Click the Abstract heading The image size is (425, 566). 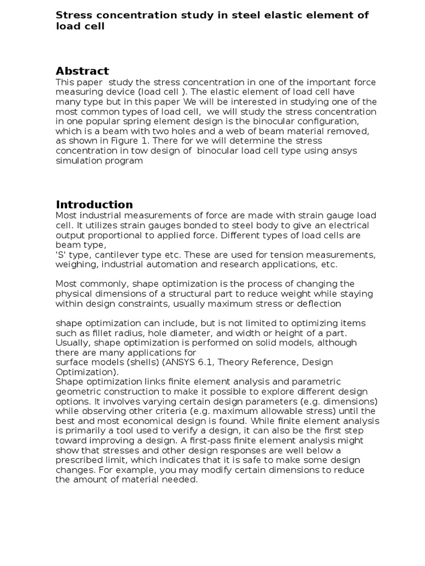click(x=82, y=71)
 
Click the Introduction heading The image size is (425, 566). click(x=94, y=205)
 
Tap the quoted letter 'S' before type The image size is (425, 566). click(x=60, y=255)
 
